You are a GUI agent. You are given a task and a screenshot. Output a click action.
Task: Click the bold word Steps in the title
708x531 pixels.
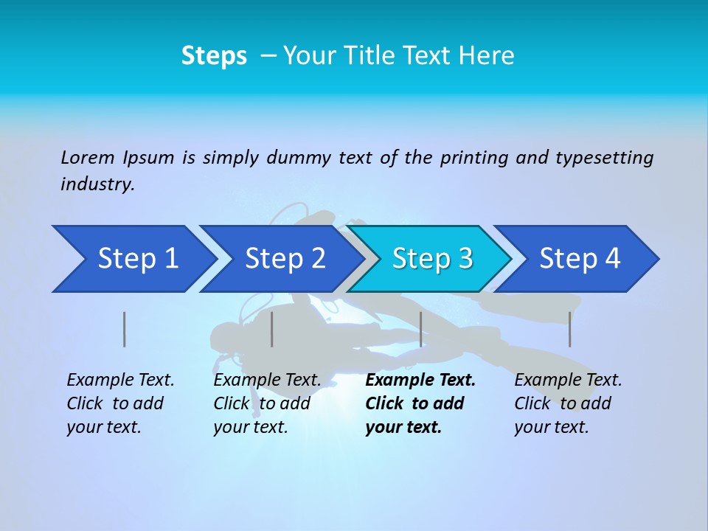coord(214,55)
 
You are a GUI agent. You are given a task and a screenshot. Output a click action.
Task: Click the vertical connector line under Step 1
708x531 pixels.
coord(125,329)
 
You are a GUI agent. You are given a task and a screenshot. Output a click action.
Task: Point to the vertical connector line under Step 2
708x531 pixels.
coord(272,329)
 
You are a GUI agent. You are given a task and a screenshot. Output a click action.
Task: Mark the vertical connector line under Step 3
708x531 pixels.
coord(420,329)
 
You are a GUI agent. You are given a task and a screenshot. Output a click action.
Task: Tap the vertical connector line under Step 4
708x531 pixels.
coord(570,329)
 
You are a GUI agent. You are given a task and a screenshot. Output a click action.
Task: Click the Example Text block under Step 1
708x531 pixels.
coord(120,403)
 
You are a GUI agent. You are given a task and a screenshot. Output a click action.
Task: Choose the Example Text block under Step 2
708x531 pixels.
coord(267,403)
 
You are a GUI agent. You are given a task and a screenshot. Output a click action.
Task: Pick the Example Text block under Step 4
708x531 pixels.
coord(568,403)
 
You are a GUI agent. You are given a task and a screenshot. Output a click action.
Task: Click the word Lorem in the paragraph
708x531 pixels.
coord(88,157)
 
